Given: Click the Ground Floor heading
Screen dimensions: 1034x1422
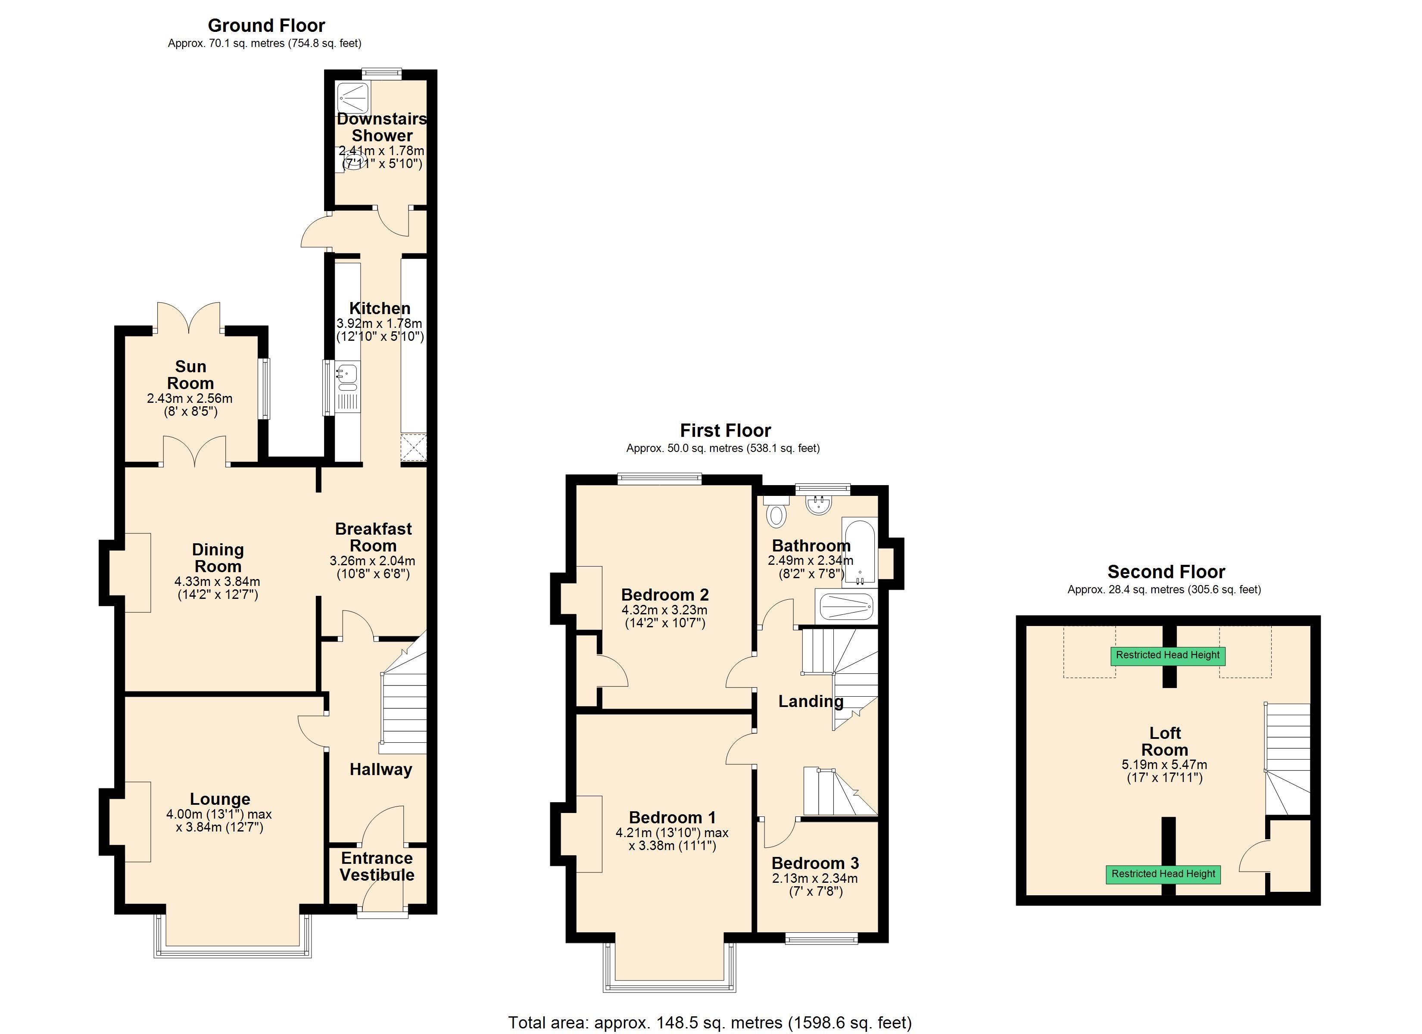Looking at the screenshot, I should (266, 26).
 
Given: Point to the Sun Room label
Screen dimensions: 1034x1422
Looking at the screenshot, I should (190, 374).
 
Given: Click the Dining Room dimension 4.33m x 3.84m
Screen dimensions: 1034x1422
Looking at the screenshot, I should (217, 581).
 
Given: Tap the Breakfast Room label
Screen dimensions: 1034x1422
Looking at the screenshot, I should (373, 537).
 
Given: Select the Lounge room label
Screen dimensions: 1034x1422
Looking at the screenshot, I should (220, 799).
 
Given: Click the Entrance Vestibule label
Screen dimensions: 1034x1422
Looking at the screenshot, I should (377, 866).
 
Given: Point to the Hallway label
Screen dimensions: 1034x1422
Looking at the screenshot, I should (380, 769).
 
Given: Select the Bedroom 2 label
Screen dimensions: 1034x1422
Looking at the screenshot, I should (664, 595).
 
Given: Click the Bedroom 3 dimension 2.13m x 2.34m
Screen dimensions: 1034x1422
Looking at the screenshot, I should (814, 878).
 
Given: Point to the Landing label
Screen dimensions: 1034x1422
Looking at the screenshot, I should (810, 702).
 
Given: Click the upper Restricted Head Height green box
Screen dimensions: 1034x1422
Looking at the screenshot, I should (1167, 655).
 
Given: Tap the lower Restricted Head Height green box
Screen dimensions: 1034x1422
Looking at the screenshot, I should (1163, 874).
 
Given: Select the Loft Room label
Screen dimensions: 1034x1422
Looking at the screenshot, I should (1164, 741).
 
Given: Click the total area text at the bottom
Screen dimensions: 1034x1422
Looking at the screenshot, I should (710, 1023).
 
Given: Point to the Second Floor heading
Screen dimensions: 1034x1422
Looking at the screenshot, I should (1166, 572).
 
